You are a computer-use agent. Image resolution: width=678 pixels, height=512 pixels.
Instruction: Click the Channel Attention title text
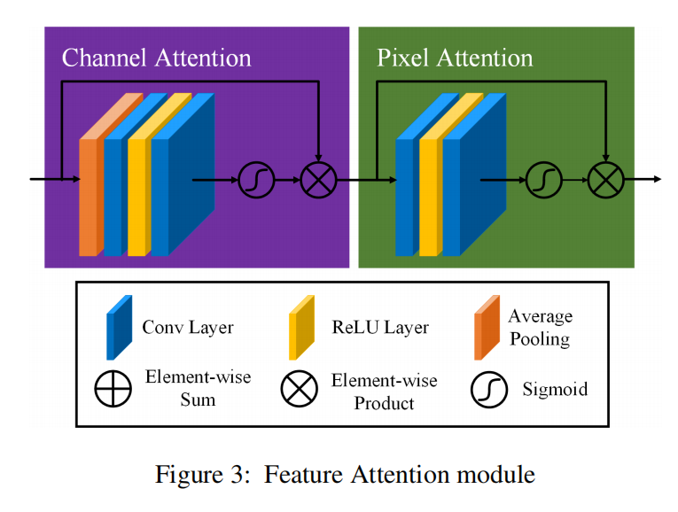click(x=156, y=58)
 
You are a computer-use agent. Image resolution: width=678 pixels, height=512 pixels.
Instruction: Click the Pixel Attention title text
click(x=455, y=58)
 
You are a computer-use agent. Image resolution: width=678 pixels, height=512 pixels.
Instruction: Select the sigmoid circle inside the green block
click(x=543, y=181)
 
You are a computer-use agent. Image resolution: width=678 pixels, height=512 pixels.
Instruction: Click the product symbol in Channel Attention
click(x=316, y=181)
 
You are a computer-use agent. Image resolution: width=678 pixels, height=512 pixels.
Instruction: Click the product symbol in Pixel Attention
click(x=605, y=181)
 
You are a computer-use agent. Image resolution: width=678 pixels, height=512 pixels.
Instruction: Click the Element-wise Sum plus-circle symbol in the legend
click(x=113, y=389)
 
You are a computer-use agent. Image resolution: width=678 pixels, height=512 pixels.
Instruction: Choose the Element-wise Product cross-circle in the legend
click(x=299, y=389)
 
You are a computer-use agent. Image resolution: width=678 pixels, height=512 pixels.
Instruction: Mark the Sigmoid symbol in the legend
click(x=487, y=389)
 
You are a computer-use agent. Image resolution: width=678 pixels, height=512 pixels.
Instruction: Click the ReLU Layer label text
click(x=380, y=327)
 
